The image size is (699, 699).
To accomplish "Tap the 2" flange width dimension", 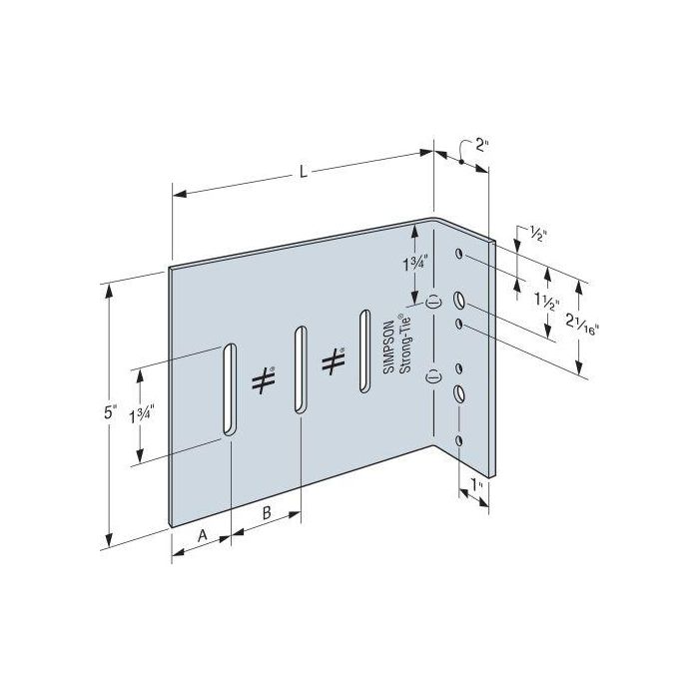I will click(482, 146).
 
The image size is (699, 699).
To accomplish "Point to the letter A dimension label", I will click(201, 536).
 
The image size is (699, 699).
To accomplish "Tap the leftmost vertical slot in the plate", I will click(229, 388).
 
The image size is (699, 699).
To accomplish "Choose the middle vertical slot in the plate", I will click(299, 367).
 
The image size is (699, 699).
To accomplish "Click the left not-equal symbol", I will click(262, 380).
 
